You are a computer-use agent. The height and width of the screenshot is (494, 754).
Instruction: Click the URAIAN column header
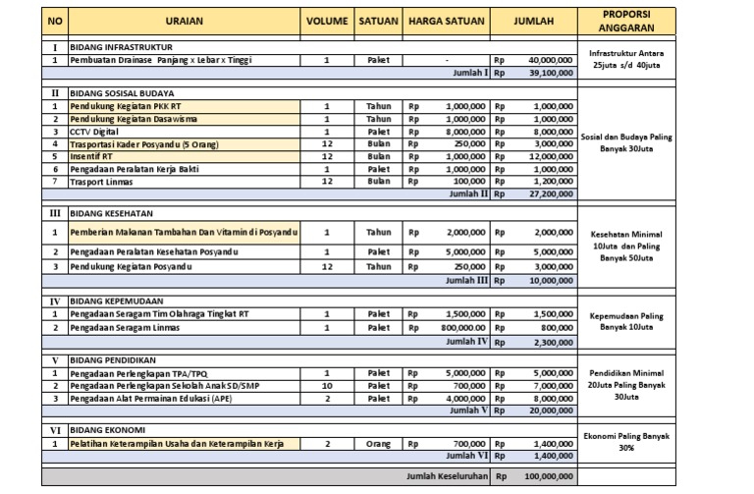coord(184,21)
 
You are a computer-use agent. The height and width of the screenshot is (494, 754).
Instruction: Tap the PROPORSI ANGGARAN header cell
coord(627,20)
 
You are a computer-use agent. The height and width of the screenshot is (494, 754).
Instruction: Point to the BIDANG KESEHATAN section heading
coord(109,213)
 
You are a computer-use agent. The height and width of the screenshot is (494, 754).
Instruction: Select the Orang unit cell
coord(378,445)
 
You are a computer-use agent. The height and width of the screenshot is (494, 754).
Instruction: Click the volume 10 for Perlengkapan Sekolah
coord(326,387)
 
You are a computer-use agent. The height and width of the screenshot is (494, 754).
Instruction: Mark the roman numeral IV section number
coord(55,302)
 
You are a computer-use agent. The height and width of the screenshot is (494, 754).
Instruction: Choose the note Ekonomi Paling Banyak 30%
coord(627,441)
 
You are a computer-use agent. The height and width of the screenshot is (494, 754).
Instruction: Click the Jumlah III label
coord(467,279)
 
